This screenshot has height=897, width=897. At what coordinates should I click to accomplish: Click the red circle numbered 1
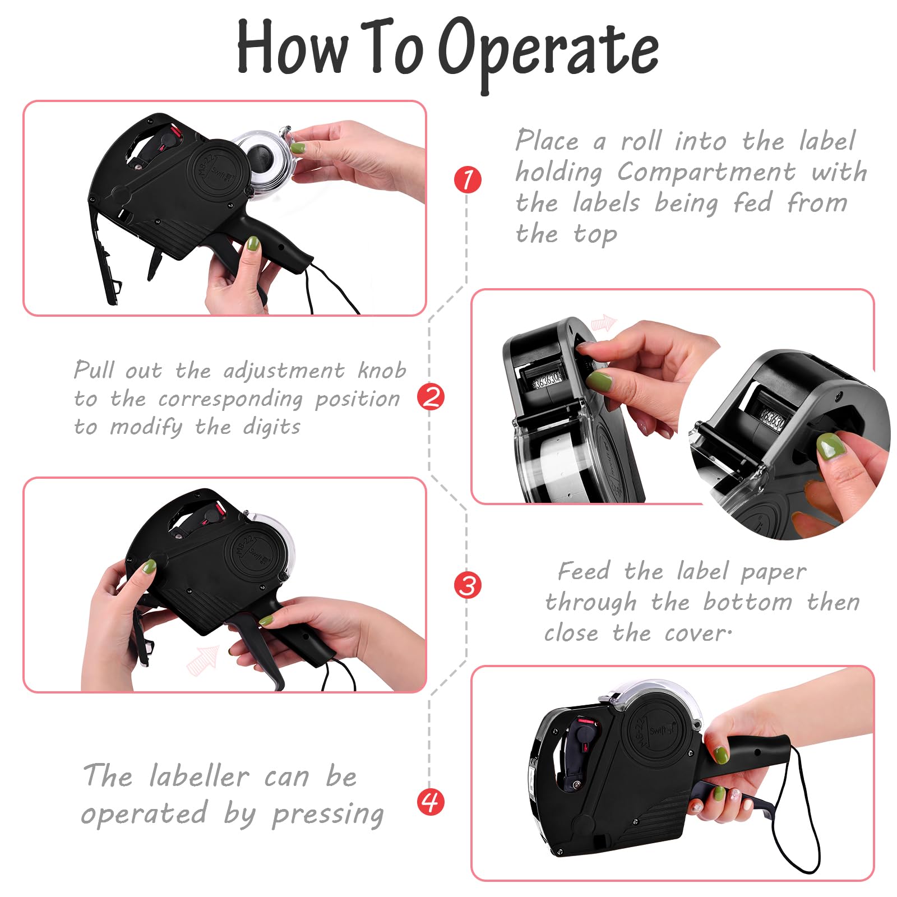coord(468,180)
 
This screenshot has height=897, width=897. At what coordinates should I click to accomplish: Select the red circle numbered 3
coord(468,585)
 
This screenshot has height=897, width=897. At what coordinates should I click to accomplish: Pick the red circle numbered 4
coord(431,801)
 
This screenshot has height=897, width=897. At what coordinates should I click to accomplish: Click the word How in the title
coord(292,47)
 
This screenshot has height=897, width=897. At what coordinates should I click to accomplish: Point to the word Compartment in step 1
coord(706,172)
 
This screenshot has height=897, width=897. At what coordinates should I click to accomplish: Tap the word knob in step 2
coord(382,370)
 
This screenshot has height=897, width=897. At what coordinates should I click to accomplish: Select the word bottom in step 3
coord(748,602)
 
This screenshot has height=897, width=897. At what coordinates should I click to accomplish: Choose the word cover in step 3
coord(695,634)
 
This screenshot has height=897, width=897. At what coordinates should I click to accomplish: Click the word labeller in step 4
coord(199,776)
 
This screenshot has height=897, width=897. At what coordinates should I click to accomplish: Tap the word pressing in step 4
coord(328,815)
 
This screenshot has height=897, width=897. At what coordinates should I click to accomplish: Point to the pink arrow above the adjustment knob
coord(604,323)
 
